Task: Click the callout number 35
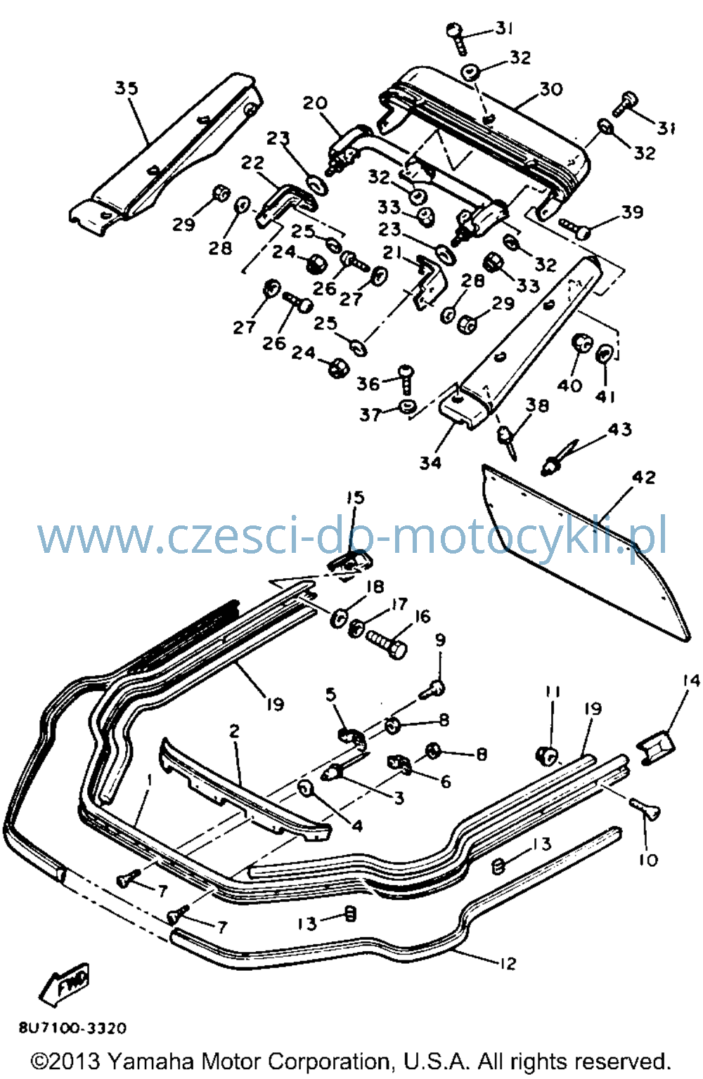click(127, 88)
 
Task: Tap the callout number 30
click(551, 89)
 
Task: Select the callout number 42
click(644, 478)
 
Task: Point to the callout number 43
click(619, 429)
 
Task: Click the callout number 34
click(430, 462)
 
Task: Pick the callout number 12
click(508, 963)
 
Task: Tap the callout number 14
click(692, 681)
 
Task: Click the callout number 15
click(355, 497)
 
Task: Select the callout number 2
click(234, 731)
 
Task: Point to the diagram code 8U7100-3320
click(73, 1028)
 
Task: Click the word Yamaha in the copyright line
click(150, 1061)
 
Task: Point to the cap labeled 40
click(581, 343)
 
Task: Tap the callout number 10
click(648, 859)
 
